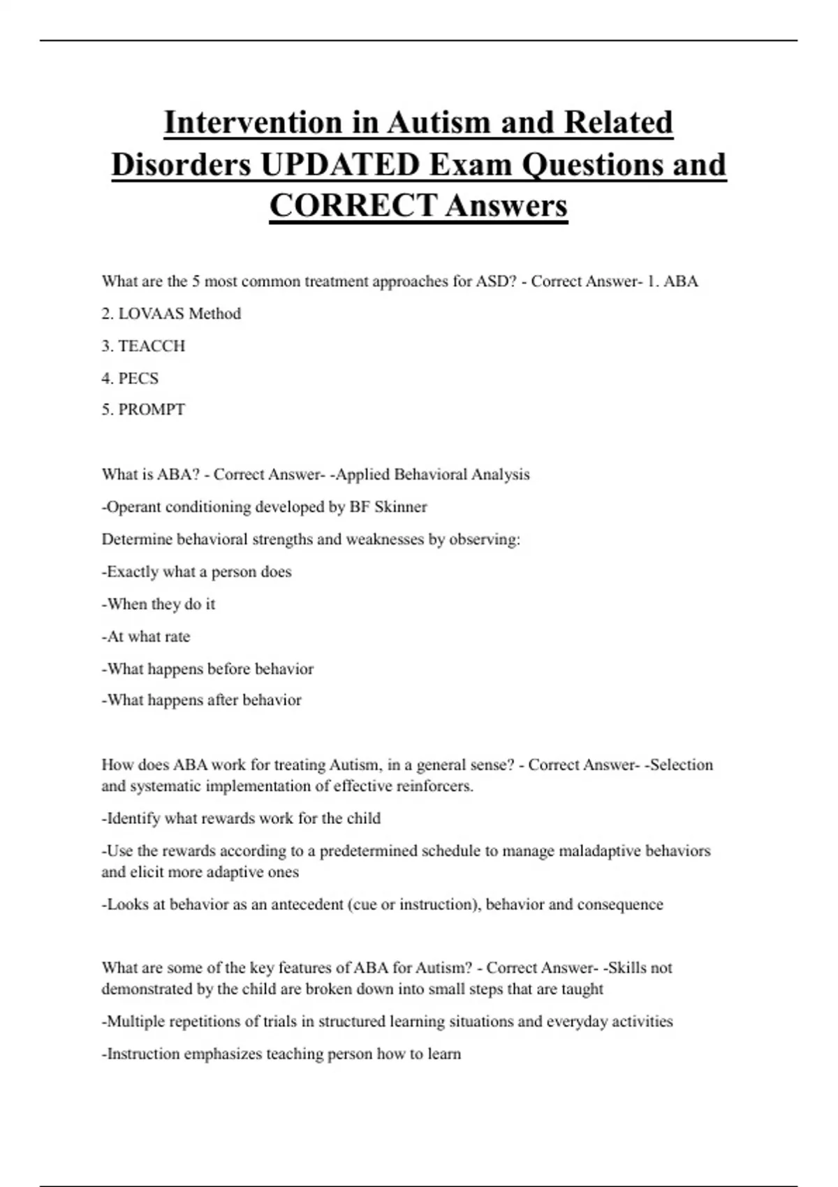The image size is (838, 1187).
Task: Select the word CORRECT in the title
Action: click(x=353, y=206)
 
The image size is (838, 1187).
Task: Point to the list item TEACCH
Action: click(x=152, y=346)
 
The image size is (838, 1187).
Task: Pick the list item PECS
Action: click(x=138, y=378)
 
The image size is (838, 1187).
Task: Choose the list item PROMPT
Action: click(x=152, y=410)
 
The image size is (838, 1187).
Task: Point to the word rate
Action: click(x=177, y=637)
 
